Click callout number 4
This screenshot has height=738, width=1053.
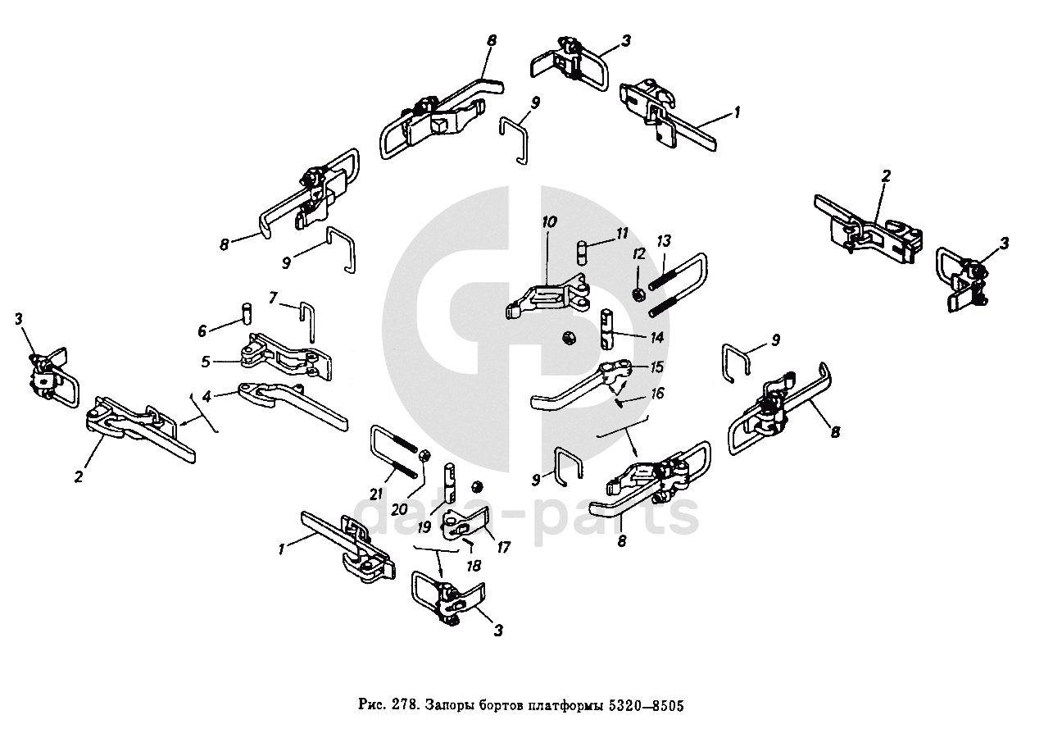click(207, 396)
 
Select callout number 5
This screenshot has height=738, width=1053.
click(207, 361)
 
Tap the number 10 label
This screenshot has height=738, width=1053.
click(548, 222)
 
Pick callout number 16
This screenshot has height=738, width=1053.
click(658, 394)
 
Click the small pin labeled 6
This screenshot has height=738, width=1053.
click(246, 314)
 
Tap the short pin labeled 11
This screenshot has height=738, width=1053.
click(583, 251)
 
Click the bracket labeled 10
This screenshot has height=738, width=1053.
click(549, 298)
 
